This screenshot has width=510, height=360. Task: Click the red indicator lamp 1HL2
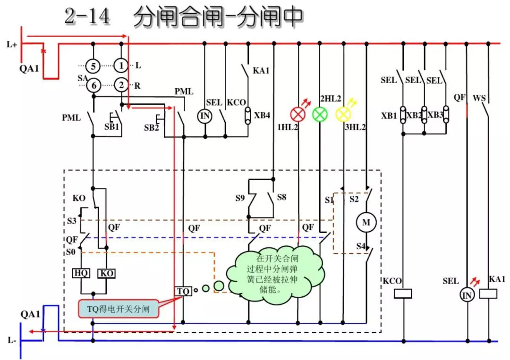pyautogui.click(x=298, y=114)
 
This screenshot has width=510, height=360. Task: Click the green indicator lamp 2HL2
pyautogui.click(x=320, y=114)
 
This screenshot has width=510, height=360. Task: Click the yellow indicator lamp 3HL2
pyautogui.click(x=343, y=114)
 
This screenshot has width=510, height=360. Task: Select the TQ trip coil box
pyautogui.click(x=183, y=291)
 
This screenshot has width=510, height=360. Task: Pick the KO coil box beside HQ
pyautogui.click(x=106, y=273)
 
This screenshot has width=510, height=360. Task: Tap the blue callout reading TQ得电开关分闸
pyautogui.click(x=118, y=309)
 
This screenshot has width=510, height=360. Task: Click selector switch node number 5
pyautogui.click(x=93, y=66)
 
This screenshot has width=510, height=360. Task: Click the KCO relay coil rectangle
pyautogui.click(x=403, y=293)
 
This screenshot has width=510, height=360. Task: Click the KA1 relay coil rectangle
pyautogui.click(x=488, y=293)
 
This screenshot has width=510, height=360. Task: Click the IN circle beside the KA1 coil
pyautogui.click(x=467, y=295)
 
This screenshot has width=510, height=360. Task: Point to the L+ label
pyautogui.click(x=12, y=45)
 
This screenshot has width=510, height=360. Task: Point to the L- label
pyautogui.click(x=12, y=340)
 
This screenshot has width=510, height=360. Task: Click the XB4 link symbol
pyautogui.click(x=247, y=115)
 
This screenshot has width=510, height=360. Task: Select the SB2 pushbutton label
pyautogui.click(x=151, y=128)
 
